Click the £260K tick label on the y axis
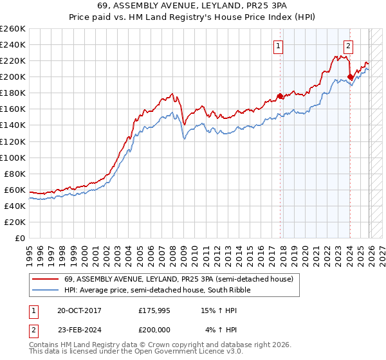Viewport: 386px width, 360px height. click(13, 29)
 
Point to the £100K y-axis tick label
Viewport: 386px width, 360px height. click(13, 157)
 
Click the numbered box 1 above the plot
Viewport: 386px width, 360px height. click(279, 46)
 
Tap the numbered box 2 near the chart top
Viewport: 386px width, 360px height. click(348, 46)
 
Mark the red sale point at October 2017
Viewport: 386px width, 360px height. click(280, 96)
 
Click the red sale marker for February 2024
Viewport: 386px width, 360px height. click(350, 76)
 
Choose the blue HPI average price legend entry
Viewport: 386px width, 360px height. click(160, 290)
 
